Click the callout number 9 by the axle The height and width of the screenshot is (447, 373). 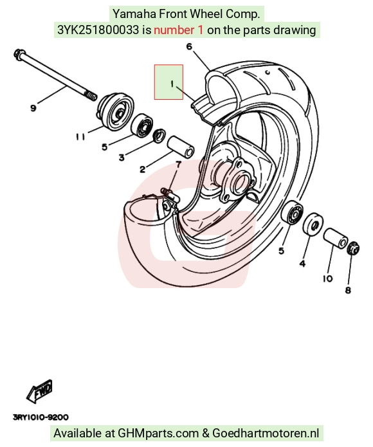point(33,108)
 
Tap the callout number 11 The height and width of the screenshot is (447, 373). point(80,137)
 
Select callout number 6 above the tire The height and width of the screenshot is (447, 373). point(190,46)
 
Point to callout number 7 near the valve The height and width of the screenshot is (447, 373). point(178,165)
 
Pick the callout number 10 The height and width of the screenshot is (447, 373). point(328,278)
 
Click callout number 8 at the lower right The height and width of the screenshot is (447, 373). point(348,291)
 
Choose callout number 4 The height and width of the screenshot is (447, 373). point(302,264)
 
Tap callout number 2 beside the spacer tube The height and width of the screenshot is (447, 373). point(143,169)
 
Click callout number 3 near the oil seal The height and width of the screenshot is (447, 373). point(122,158)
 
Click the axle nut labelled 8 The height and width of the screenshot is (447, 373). point(353,248)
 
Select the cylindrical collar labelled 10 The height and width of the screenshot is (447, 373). point(336,239)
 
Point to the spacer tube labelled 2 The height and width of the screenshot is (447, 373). point(181,147)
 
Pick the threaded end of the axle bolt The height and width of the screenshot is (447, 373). point(91,96)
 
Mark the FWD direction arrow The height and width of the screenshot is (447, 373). point(39,392)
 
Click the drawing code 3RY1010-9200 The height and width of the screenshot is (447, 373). point(41,417)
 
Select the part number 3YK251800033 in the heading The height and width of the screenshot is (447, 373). point(98,30)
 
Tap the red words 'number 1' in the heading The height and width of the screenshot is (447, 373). point(179,30)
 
